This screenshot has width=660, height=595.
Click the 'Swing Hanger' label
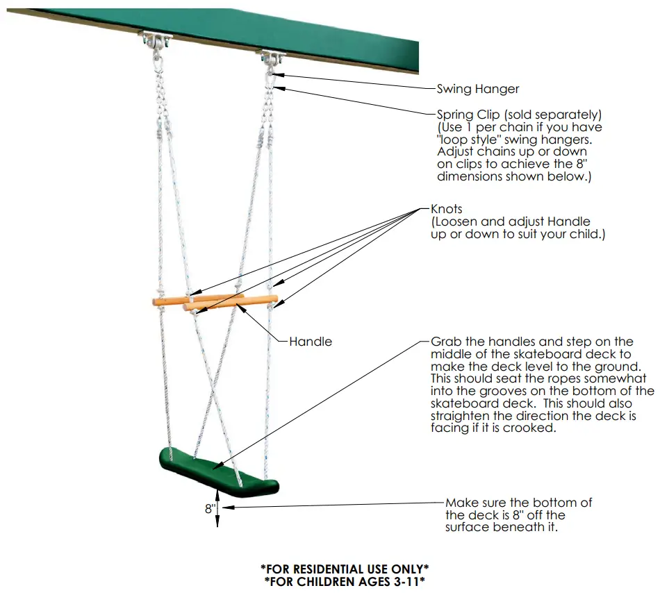477,89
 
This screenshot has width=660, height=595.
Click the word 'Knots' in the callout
447,209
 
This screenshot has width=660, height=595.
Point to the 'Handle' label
311,342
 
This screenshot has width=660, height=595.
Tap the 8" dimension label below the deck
210,509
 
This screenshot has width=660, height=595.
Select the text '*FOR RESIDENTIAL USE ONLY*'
344,569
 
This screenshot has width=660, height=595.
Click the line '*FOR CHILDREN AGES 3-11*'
344,581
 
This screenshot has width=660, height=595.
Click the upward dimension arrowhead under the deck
219,494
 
